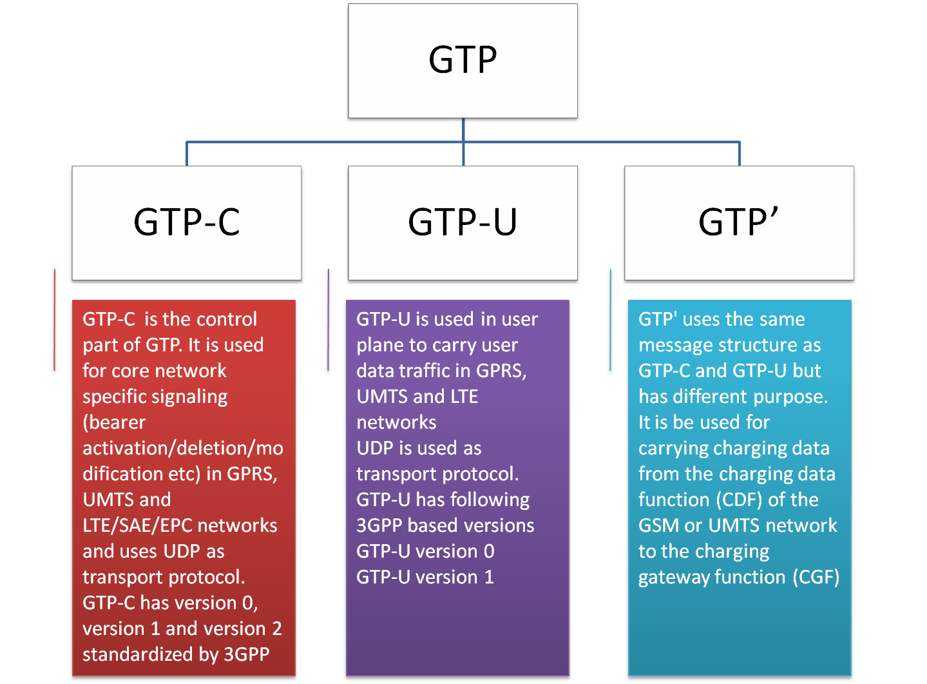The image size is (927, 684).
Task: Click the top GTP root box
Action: (463, 61)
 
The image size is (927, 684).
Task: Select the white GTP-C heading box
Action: (186, 222)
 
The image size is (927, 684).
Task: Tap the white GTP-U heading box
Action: (463, 222)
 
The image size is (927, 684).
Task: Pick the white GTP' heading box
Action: (739, 222)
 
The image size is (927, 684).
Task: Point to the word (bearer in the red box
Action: (114, 422)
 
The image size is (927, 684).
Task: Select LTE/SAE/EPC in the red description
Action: (137, 525)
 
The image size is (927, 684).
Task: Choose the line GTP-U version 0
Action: (425, 551)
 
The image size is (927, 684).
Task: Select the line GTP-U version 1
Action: (425, 577)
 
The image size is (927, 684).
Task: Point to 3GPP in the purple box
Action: (379, 525)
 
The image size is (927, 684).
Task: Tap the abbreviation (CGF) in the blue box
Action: (816, 577)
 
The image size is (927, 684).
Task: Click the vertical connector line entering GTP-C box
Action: (187, 154)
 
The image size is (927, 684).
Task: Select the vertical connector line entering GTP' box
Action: (740, 154)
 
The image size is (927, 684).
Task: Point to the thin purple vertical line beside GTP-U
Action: (329, 320)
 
